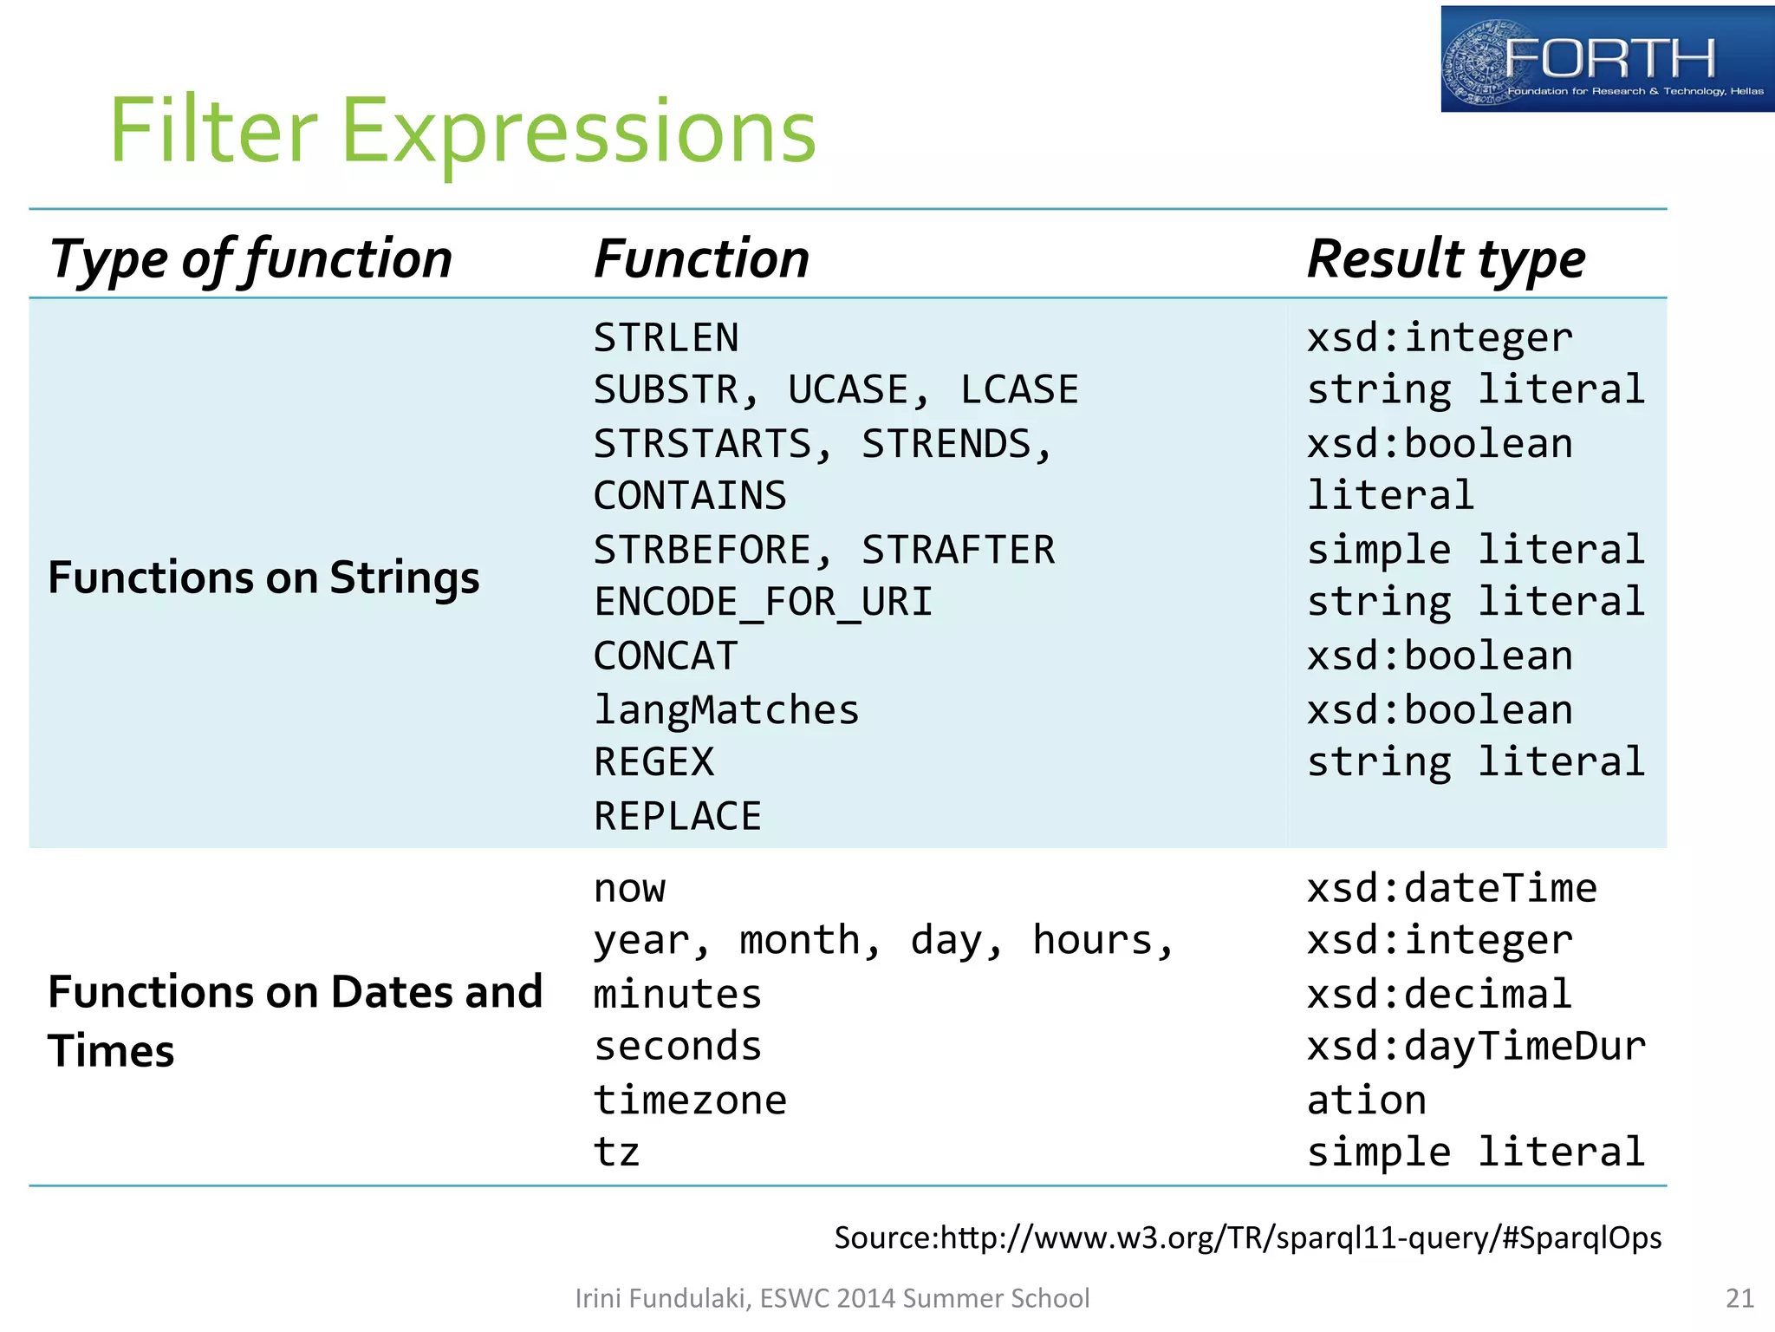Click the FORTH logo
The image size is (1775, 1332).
[1606, 59]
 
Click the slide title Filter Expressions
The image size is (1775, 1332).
[462, 132]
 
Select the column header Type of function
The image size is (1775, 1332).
[250, 258]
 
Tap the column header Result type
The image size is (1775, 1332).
[1446, 258]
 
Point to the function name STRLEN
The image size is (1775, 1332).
[666, 337]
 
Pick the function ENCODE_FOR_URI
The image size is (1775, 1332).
[763, 602]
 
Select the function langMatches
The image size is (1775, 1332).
[726, 709]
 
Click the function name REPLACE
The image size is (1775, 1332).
[677, 816]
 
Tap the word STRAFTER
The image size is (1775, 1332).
[958, 550]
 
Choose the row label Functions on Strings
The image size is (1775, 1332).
[263, 578]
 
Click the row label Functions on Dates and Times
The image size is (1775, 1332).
[295, 1021]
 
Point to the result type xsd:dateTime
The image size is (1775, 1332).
[1452, 888]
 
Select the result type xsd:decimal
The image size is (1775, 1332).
[1439, 994]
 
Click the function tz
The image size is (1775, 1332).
[616, 1152]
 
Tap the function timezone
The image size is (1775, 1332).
[690, 1100]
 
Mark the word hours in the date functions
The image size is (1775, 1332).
[1093, 940]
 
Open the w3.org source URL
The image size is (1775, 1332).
[1300, 1237]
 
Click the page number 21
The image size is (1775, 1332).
[1739, 1298]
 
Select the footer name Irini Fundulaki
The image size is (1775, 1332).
[663, 1298]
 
